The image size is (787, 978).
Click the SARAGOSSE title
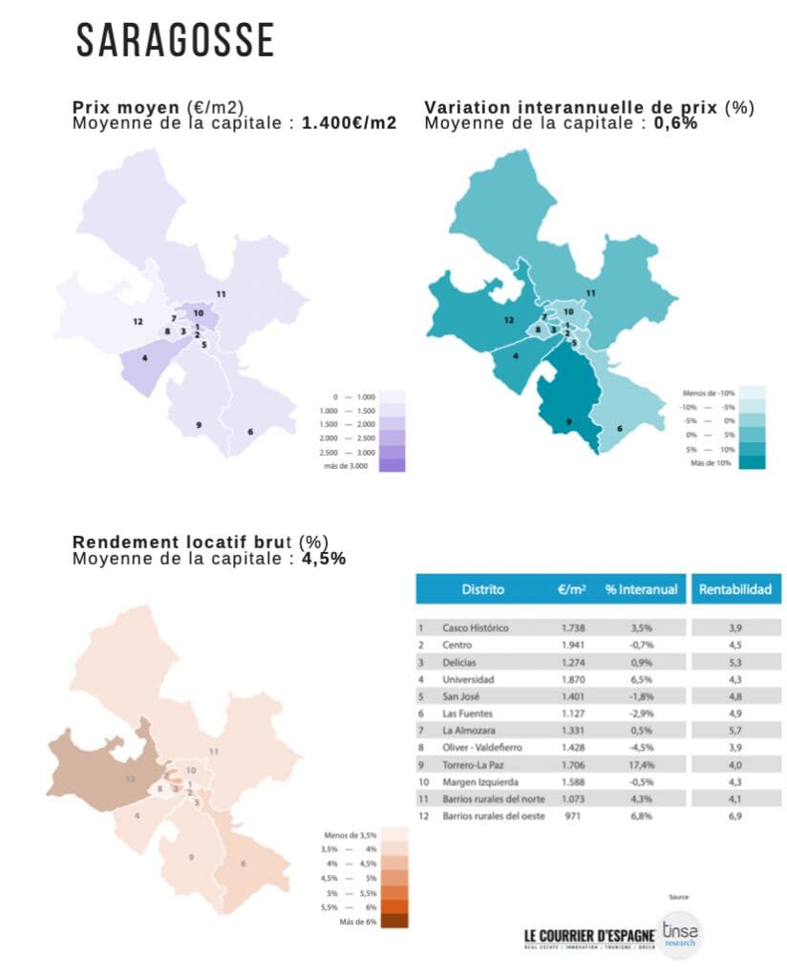(175, 41)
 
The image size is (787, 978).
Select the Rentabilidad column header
(734, 589)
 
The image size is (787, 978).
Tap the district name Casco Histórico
(476, 627)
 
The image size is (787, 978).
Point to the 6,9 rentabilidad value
(734, 817)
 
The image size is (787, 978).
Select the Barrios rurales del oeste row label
(493, 817)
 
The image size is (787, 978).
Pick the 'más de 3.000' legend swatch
(393, 465)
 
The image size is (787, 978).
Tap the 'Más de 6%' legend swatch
(394, 921)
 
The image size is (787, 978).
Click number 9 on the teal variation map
(570, 421)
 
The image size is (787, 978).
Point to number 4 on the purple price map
(144, 358)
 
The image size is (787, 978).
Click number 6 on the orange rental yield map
(243, 863)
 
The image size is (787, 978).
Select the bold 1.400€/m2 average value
(349, 123)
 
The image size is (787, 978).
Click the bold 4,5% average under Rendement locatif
(324, 558)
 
